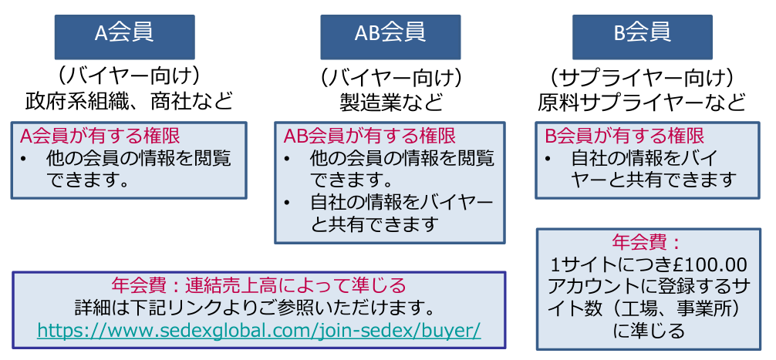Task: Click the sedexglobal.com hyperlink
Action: [258, 329]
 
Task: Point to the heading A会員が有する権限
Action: [100, 136]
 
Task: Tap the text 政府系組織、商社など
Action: [128, 101]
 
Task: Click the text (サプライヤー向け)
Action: [642, 77]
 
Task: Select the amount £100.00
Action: [708, 264]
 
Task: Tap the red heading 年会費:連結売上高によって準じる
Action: [258, 284]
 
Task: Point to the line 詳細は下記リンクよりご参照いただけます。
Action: [258, 307]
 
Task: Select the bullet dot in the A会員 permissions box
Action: [25, 159]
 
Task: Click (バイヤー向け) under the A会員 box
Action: [128, 77]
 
